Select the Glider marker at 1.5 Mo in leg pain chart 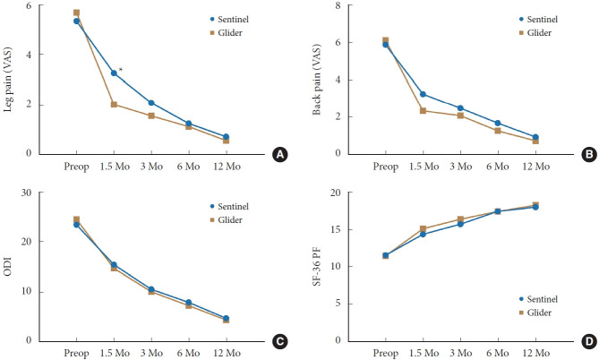click(x=114, y=104)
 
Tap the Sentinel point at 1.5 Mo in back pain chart click(x=423, y=94)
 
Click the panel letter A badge click(x=280, y=155)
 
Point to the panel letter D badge click(x=588, y=341)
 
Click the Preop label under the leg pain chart click(x=76, y=167)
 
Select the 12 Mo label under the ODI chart click(x=226, y=354)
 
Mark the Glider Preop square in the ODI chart click(x=76, y=219)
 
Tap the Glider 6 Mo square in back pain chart click(x=498, y=131)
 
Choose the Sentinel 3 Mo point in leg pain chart click(x=150, y=103)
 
